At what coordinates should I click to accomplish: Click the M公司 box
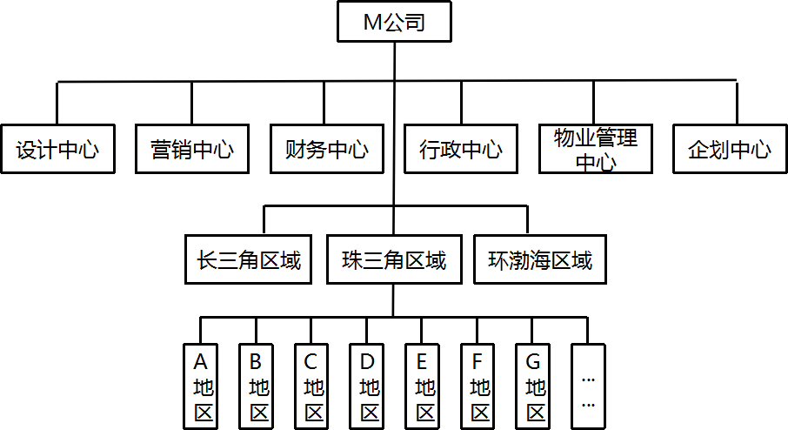coord(394,23)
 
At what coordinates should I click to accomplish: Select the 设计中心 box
coord(57,149)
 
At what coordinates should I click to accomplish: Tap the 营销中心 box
coord(191,149)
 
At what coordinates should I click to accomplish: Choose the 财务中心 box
coord(325,149)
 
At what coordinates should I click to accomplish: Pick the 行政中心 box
coord(460,149)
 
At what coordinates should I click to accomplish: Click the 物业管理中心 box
coord(595,149)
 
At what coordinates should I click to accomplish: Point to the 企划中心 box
coord(729,149)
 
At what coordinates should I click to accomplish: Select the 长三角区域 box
coord(249,259)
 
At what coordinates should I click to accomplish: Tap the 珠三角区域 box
coord(393,259)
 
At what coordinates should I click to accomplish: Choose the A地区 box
coord(202,386)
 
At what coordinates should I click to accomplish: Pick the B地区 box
coord(257,386)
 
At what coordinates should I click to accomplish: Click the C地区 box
coord(312,386)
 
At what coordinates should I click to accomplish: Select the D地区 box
coord(368,386)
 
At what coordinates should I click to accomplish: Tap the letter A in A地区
coord(201,360)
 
